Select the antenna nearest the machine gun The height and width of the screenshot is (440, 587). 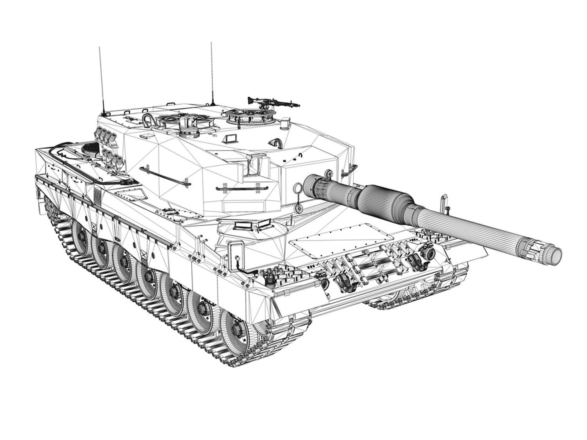(x=212, y=74)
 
